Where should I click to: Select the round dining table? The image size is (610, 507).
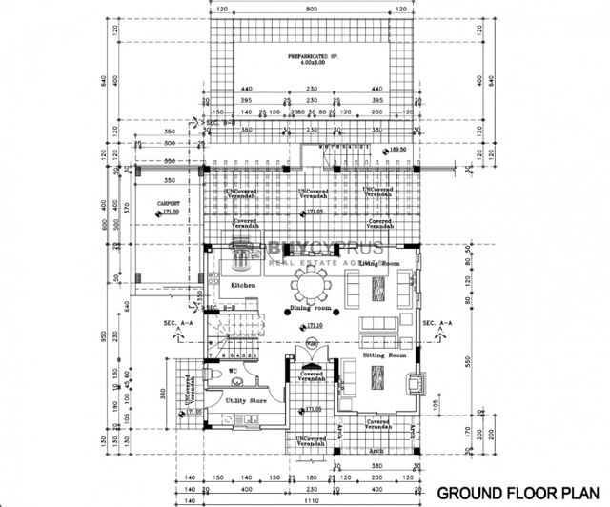(310, 283)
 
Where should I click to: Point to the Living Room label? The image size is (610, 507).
(378, 263)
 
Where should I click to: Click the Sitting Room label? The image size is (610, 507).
(385, 355)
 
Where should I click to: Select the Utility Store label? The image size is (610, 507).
(246, 402)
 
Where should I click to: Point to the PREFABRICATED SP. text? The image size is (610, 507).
(307, 59)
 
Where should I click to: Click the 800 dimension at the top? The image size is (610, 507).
(309, 8)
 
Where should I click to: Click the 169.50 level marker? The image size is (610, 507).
(397, 150)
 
